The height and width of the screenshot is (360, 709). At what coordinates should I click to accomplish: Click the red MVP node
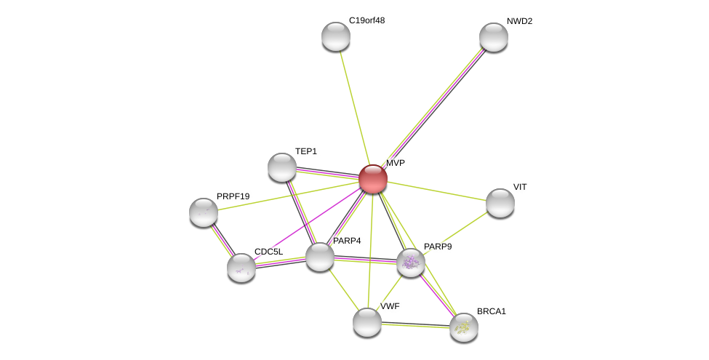pos(373,179)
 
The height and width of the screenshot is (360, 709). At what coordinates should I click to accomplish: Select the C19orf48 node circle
pos(336,36)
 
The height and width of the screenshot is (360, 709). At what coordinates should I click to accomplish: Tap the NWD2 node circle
pos(494,37)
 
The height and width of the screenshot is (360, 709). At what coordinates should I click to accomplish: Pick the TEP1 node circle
pos(282,167)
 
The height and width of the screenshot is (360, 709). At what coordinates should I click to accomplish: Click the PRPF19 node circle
pos(204,212)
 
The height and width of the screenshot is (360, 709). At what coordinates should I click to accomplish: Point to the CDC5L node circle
pos(241,268)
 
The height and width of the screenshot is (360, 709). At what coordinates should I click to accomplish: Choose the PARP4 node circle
pos(320,257)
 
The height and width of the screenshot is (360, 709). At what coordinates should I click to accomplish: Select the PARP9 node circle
pos(411,263)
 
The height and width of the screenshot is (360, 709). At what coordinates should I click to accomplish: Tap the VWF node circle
pos(367,322)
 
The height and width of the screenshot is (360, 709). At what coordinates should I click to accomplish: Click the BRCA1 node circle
pos(464,327)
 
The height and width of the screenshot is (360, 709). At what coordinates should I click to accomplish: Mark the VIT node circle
pos(500,203)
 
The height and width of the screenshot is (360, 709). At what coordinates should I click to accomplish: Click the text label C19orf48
pos(366,20)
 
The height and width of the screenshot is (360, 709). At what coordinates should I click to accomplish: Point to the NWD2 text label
pos(519,21)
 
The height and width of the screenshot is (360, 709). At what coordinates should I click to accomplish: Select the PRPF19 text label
pos(233,196)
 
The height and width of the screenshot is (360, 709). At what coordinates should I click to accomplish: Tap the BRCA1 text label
pos(491,311)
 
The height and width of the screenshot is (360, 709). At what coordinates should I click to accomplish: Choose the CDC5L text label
pos(268,252)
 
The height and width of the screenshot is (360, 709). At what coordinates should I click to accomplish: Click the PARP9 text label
pos(438,247)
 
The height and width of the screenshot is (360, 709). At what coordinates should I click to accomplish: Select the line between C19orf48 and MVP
pos(354,108)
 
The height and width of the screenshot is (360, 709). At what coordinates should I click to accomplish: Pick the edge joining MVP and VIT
pos(436,191)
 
